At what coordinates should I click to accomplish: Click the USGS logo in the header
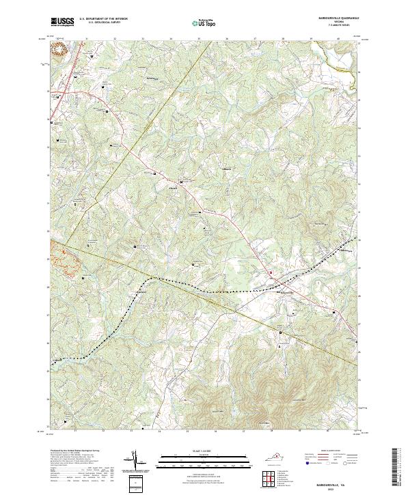coord(62,22)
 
